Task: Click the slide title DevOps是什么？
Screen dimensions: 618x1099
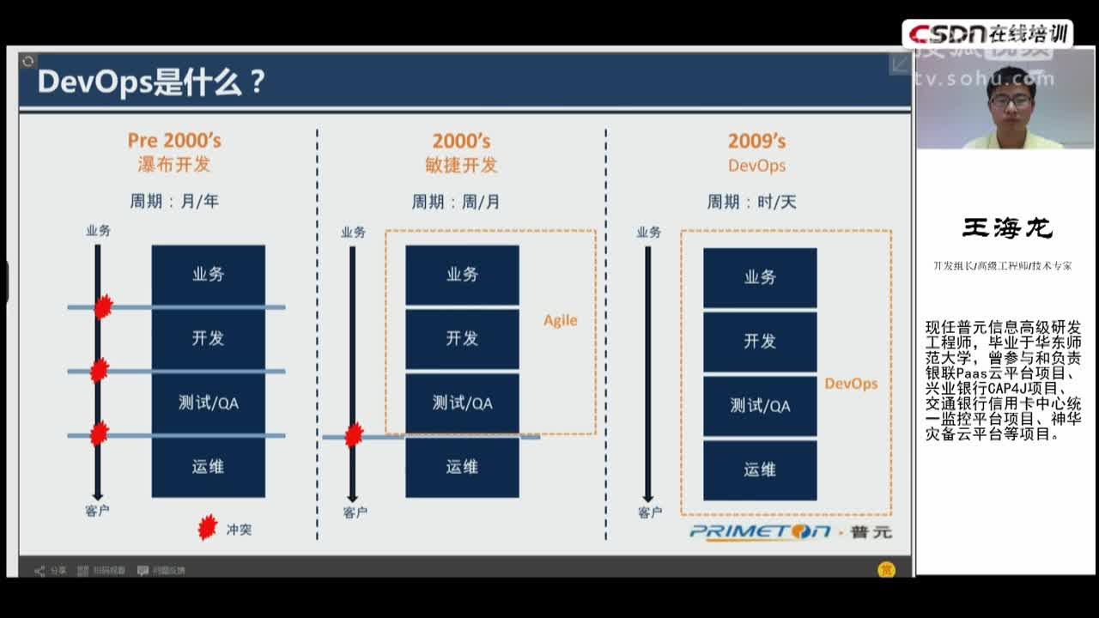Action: (x=151, y=82)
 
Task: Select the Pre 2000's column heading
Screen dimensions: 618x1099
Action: (x=174, y=141)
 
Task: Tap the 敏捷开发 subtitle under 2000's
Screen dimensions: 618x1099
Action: (x=461, y=164)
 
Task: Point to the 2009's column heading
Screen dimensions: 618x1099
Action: (x=756, y=142)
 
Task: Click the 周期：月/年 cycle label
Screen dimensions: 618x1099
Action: (x=174, y=202)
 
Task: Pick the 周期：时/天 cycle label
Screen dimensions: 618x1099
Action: (x=751, y=202)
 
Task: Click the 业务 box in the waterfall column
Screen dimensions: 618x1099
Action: (x=208, y=275)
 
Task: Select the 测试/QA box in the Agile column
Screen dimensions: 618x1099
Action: (x=462, y=403)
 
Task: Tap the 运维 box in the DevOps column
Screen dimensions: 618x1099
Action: (x=760, y=470)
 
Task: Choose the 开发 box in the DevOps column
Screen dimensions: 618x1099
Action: (x=760, y=341)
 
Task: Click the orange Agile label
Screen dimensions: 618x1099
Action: (x=560, y=320)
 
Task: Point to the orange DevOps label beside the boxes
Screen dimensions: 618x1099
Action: (x=851, y=384)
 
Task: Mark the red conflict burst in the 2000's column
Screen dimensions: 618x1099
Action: (x=353, y=435)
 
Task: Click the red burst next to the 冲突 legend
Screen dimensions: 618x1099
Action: (x=207, y=528)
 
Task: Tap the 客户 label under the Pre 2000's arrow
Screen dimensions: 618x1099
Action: (x=97, y=511)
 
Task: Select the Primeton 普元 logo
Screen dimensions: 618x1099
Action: (x=790, y=532)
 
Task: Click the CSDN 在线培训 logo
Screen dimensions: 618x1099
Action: (x=987, y=33)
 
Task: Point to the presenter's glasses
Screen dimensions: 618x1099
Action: (x=1011, y=100)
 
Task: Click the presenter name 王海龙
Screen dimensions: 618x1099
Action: (x=1007, y=228)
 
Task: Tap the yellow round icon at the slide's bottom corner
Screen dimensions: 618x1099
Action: (x=886, y=570)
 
